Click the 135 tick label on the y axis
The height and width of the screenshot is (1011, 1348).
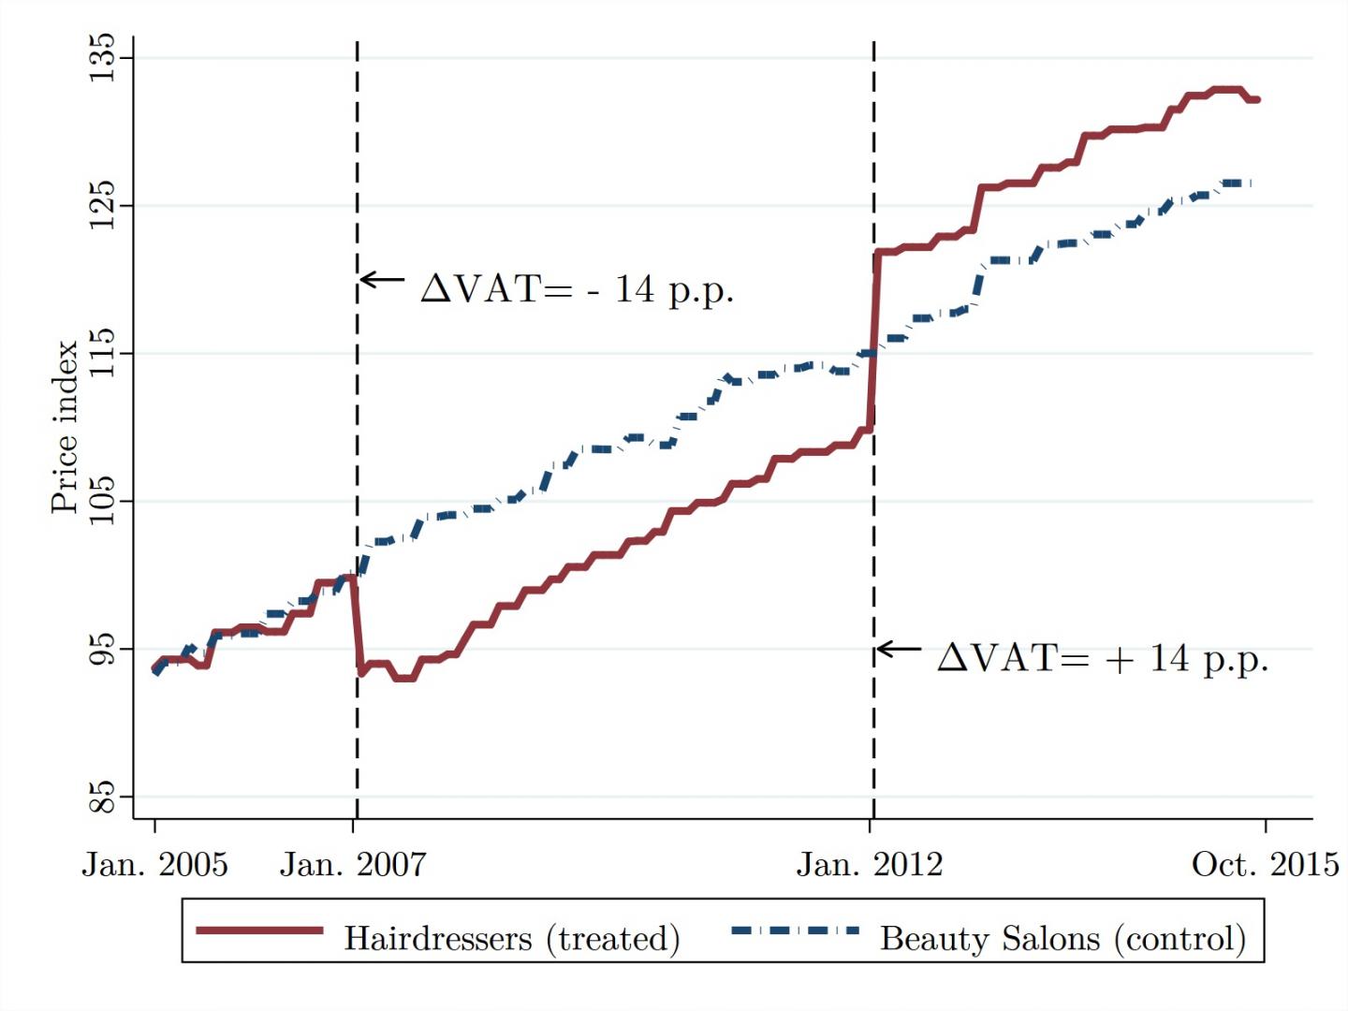coord(101,57)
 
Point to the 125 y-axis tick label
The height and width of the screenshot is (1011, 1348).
coord(101,205)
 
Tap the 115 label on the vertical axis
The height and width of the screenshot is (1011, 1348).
coord(101,353)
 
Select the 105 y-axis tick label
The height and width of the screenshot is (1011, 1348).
coord(101,501)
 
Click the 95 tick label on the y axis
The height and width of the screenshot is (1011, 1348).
coord(101,649)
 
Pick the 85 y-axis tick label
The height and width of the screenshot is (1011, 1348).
coord(101,797)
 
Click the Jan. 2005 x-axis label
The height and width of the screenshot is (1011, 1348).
coord(154,864)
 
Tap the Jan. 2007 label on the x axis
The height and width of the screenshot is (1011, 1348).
coord(353,864)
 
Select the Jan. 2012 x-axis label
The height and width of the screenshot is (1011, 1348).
coord(870,864)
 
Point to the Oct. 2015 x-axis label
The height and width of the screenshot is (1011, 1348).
coord(1265,864)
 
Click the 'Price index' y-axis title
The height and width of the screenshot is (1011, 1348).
coord(64,427)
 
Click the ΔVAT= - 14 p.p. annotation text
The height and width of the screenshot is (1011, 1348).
coord(577,288)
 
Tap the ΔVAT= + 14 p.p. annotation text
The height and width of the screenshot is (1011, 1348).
coord(1103,658)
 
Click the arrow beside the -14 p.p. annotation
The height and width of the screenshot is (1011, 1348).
coord(382,279)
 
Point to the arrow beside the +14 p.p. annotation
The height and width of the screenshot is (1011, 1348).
coord(899,649)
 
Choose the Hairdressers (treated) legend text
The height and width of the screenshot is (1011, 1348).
coord(511,938)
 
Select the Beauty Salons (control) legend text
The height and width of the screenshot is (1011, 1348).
coord(1062,938)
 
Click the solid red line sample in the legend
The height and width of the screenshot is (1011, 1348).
coord(259,930)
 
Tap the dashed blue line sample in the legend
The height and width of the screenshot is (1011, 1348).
coord(795,930)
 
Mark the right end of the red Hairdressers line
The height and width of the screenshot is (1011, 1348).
coord(1257,99)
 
